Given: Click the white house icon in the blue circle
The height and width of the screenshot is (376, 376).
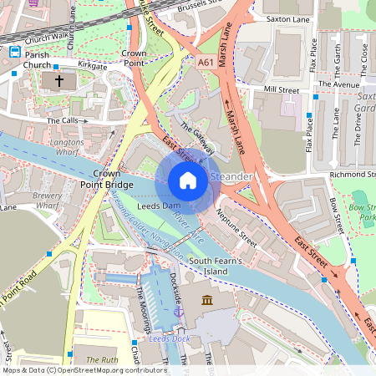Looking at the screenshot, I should click(x=188, y=180).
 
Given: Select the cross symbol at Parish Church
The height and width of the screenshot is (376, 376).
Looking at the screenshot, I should click(x=58, y=81).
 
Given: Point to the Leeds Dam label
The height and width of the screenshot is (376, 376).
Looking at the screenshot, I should click(x=159, y=206).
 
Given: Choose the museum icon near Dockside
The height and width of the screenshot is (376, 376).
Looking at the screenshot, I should click(x=206, y=300).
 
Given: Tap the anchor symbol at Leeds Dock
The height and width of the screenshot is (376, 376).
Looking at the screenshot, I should click(x=178, y=311).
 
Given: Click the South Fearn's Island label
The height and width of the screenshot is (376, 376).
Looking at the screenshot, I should click(x=221, y=267).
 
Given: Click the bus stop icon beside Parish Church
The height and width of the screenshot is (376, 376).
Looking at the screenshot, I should click(x=14, y=53).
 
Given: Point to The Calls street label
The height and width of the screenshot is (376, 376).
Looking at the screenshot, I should click(x=63, y=121).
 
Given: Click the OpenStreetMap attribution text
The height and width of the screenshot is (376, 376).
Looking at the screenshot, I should click(x=84, y=370).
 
